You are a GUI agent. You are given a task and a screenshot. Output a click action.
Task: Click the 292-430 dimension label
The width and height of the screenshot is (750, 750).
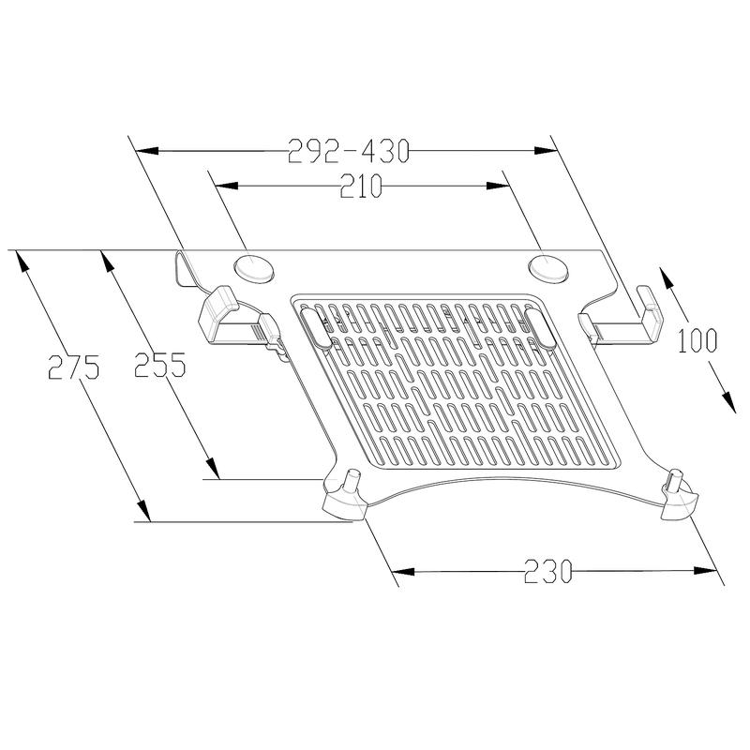tap(349, 150)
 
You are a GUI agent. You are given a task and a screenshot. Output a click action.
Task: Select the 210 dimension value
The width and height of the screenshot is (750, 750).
tap(361, 187)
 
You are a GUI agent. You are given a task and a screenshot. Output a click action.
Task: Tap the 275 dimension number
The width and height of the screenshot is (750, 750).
tap(73, 367)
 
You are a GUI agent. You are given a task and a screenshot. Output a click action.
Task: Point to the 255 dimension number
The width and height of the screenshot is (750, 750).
tap(157, 365)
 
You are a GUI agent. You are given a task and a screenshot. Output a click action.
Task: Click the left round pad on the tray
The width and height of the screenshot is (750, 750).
tap(255, 267)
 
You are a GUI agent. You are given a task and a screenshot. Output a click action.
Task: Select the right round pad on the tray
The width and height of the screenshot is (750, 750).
tap(547, 266)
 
